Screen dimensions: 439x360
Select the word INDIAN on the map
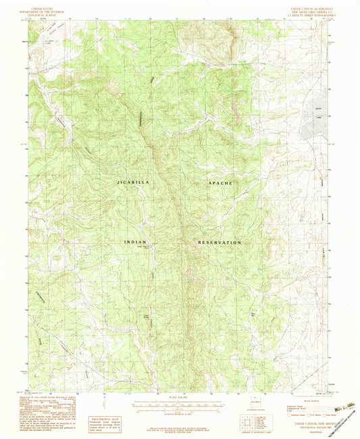click(137, 241)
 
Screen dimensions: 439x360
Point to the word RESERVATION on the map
click(220, 242)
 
